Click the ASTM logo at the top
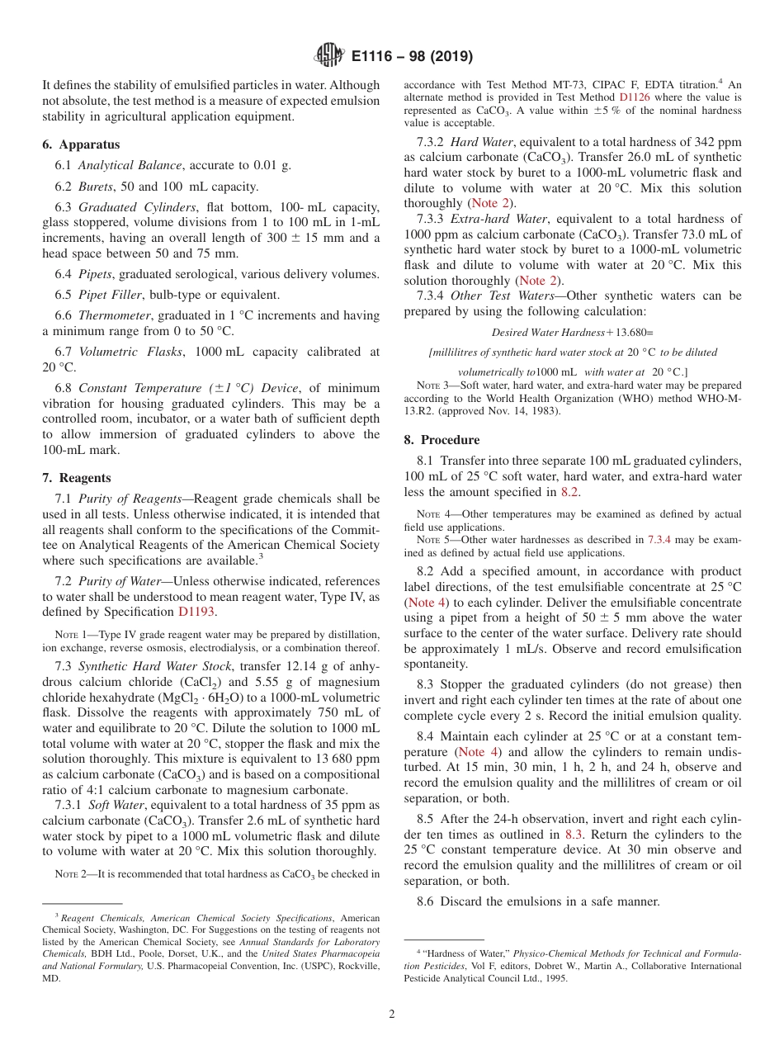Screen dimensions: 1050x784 point(330,56)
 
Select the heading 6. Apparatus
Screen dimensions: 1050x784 point(81,144)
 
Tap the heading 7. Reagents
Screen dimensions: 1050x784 point(76,478)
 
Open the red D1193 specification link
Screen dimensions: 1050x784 point(196,612)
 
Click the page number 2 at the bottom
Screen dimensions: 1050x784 point(391,1014)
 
